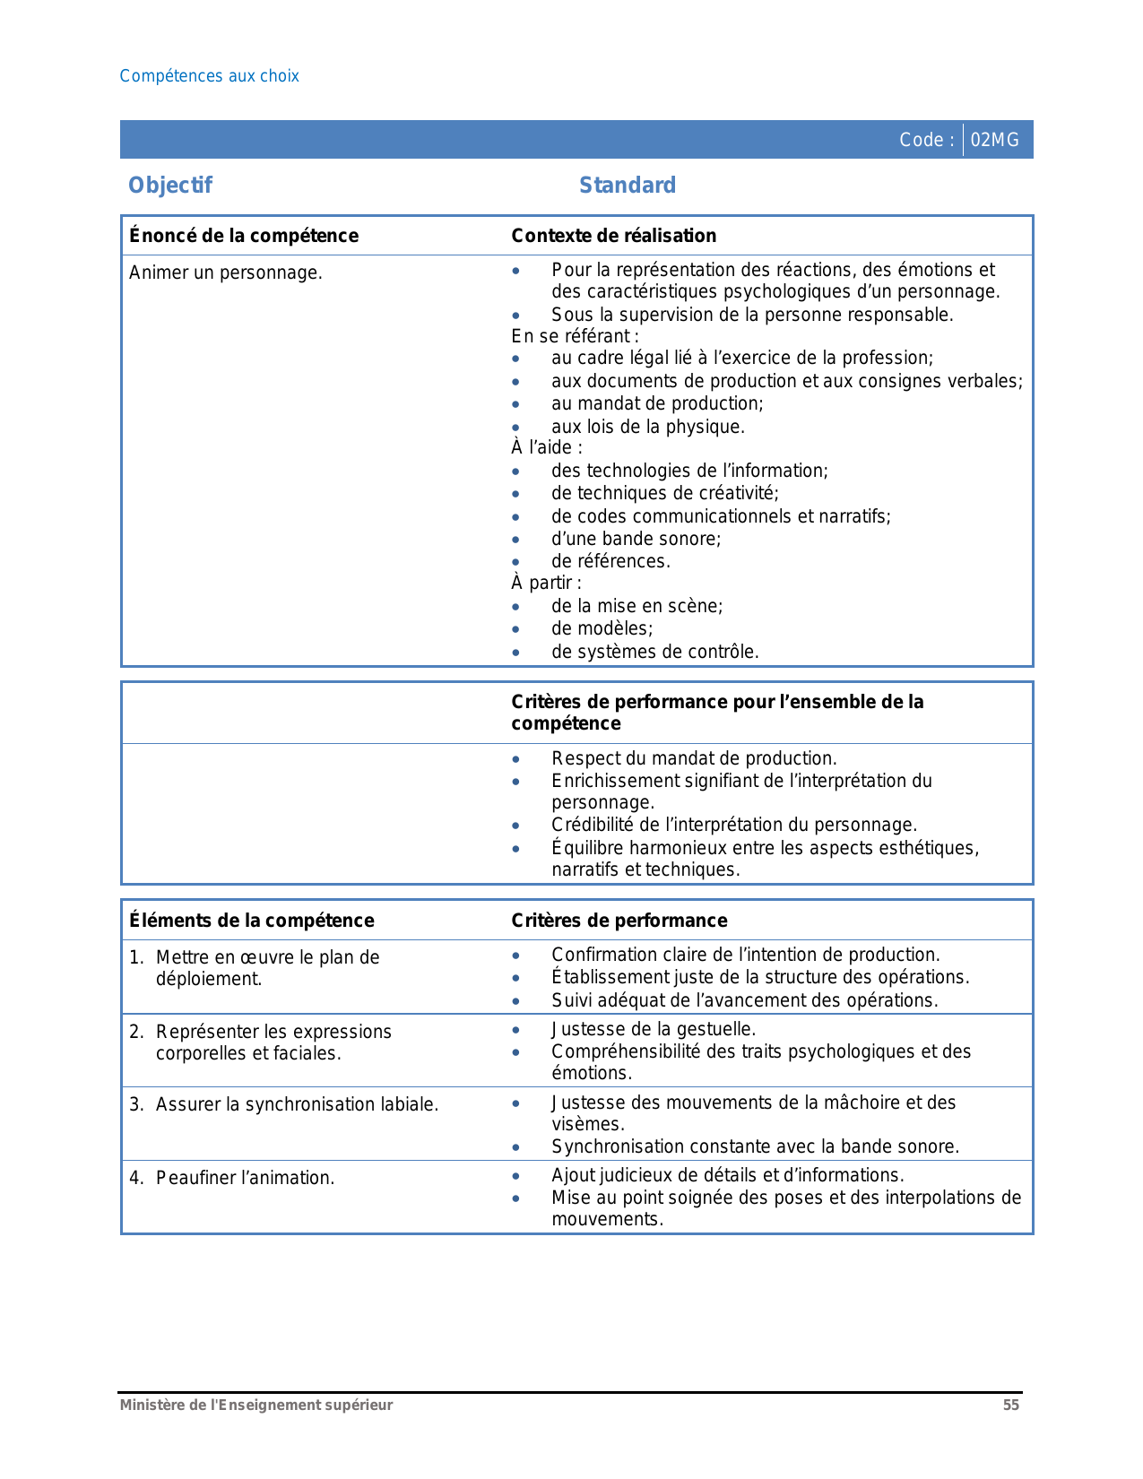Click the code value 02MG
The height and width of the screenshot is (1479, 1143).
pos(994,140)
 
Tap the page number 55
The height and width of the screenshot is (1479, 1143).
pos(1010,1405)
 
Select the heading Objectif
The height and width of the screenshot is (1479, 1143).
pos(170,186)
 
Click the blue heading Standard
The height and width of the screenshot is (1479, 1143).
pos(628,186)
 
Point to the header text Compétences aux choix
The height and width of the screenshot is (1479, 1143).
pos(209,76)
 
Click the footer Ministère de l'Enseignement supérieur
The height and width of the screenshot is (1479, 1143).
pos(256,1405)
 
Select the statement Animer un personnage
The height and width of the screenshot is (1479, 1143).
pos(226,272)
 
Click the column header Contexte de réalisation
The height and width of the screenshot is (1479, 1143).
pos(613,236)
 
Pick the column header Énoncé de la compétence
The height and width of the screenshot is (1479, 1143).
pos(244,236)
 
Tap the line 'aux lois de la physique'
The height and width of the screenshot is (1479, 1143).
pos(647,427)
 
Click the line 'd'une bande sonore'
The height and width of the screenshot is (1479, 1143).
pos(636,539)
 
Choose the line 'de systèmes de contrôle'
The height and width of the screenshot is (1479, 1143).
pos(654,652)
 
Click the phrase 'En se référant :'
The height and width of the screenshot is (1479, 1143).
pos(575,336)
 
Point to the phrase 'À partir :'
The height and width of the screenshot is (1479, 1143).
pos(546,583)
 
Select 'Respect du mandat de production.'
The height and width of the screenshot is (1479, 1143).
pos(694,758)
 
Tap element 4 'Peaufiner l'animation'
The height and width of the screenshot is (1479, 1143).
pos(245,1178)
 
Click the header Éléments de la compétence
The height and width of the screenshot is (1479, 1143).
pos(252,921)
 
